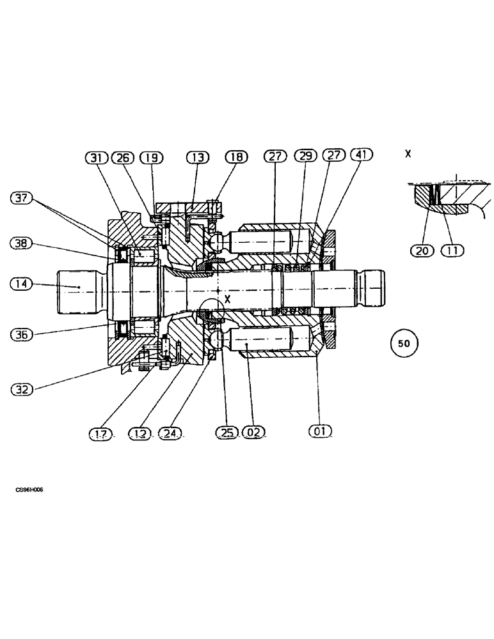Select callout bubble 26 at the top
pyautogui.click(x=123, y=157)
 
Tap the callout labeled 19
pyautogui.click(x=151, y=157)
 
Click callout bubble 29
pyautogui.click(x=305, y=155)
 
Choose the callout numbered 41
pyautogui.click(x=361, y=155)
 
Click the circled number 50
pyautogui.click(x=404, y=343)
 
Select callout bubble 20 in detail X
pyautogui.click(x=422, y=251)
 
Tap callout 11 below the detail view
pyautogui.click(x=452, y=251)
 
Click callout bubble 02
pyautogui.click(x=253, y=432)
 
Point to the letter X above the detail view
pyautogui.click(x=408, y=154)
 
